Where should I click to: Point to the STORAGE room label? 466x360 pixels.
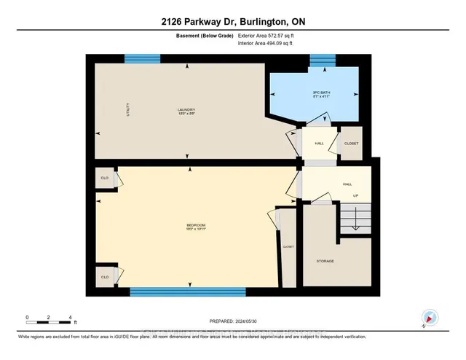[x=325, y=260]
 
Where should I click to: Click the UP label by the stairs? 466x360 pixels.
[x=355, y=195]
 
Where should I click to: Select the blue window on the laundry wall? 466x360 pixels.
[x=137, y=59]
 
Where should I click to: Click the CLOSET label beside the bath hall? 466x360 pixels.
[x=351, y=144]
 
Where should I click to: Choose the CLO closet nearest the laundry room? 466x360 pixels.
[x=104, y=178]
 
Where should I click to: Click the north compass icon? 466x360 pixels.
[x=428, y=318]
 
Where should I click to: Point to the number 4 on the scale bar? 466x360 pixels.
[x=70, y=318]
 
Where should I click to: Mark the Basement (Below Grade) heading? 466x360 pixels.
[x=199, y=34]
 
